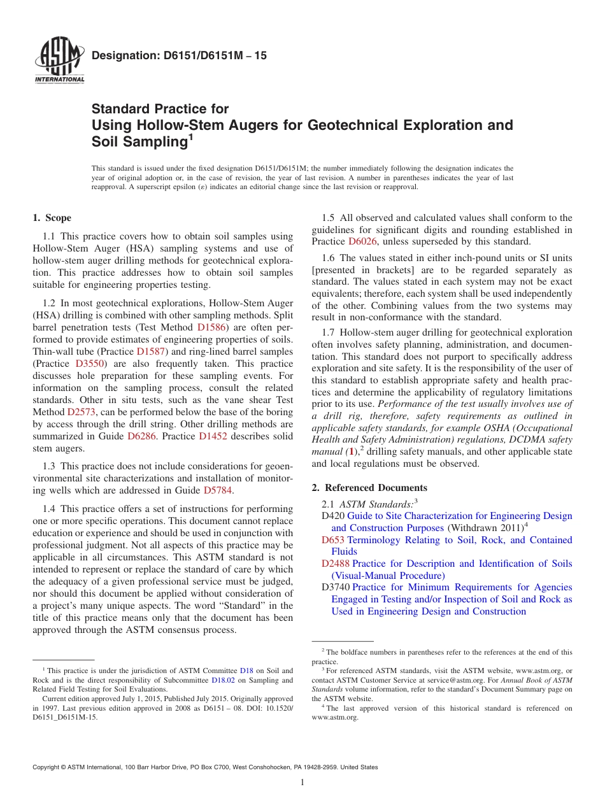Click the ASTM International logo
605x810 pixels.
coord(59,62)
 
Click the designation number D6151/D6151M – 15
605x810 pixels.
coord(179,56)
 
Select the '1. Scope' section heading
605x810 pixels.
coord(52,218)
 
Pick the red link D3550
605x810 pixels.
coord(89,364)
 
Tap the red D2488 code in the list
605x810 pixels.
coord(336,564)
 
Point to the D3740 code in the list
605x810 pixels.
coord(336,587)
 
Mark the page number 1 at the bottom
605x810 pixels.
coord(302,782)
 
